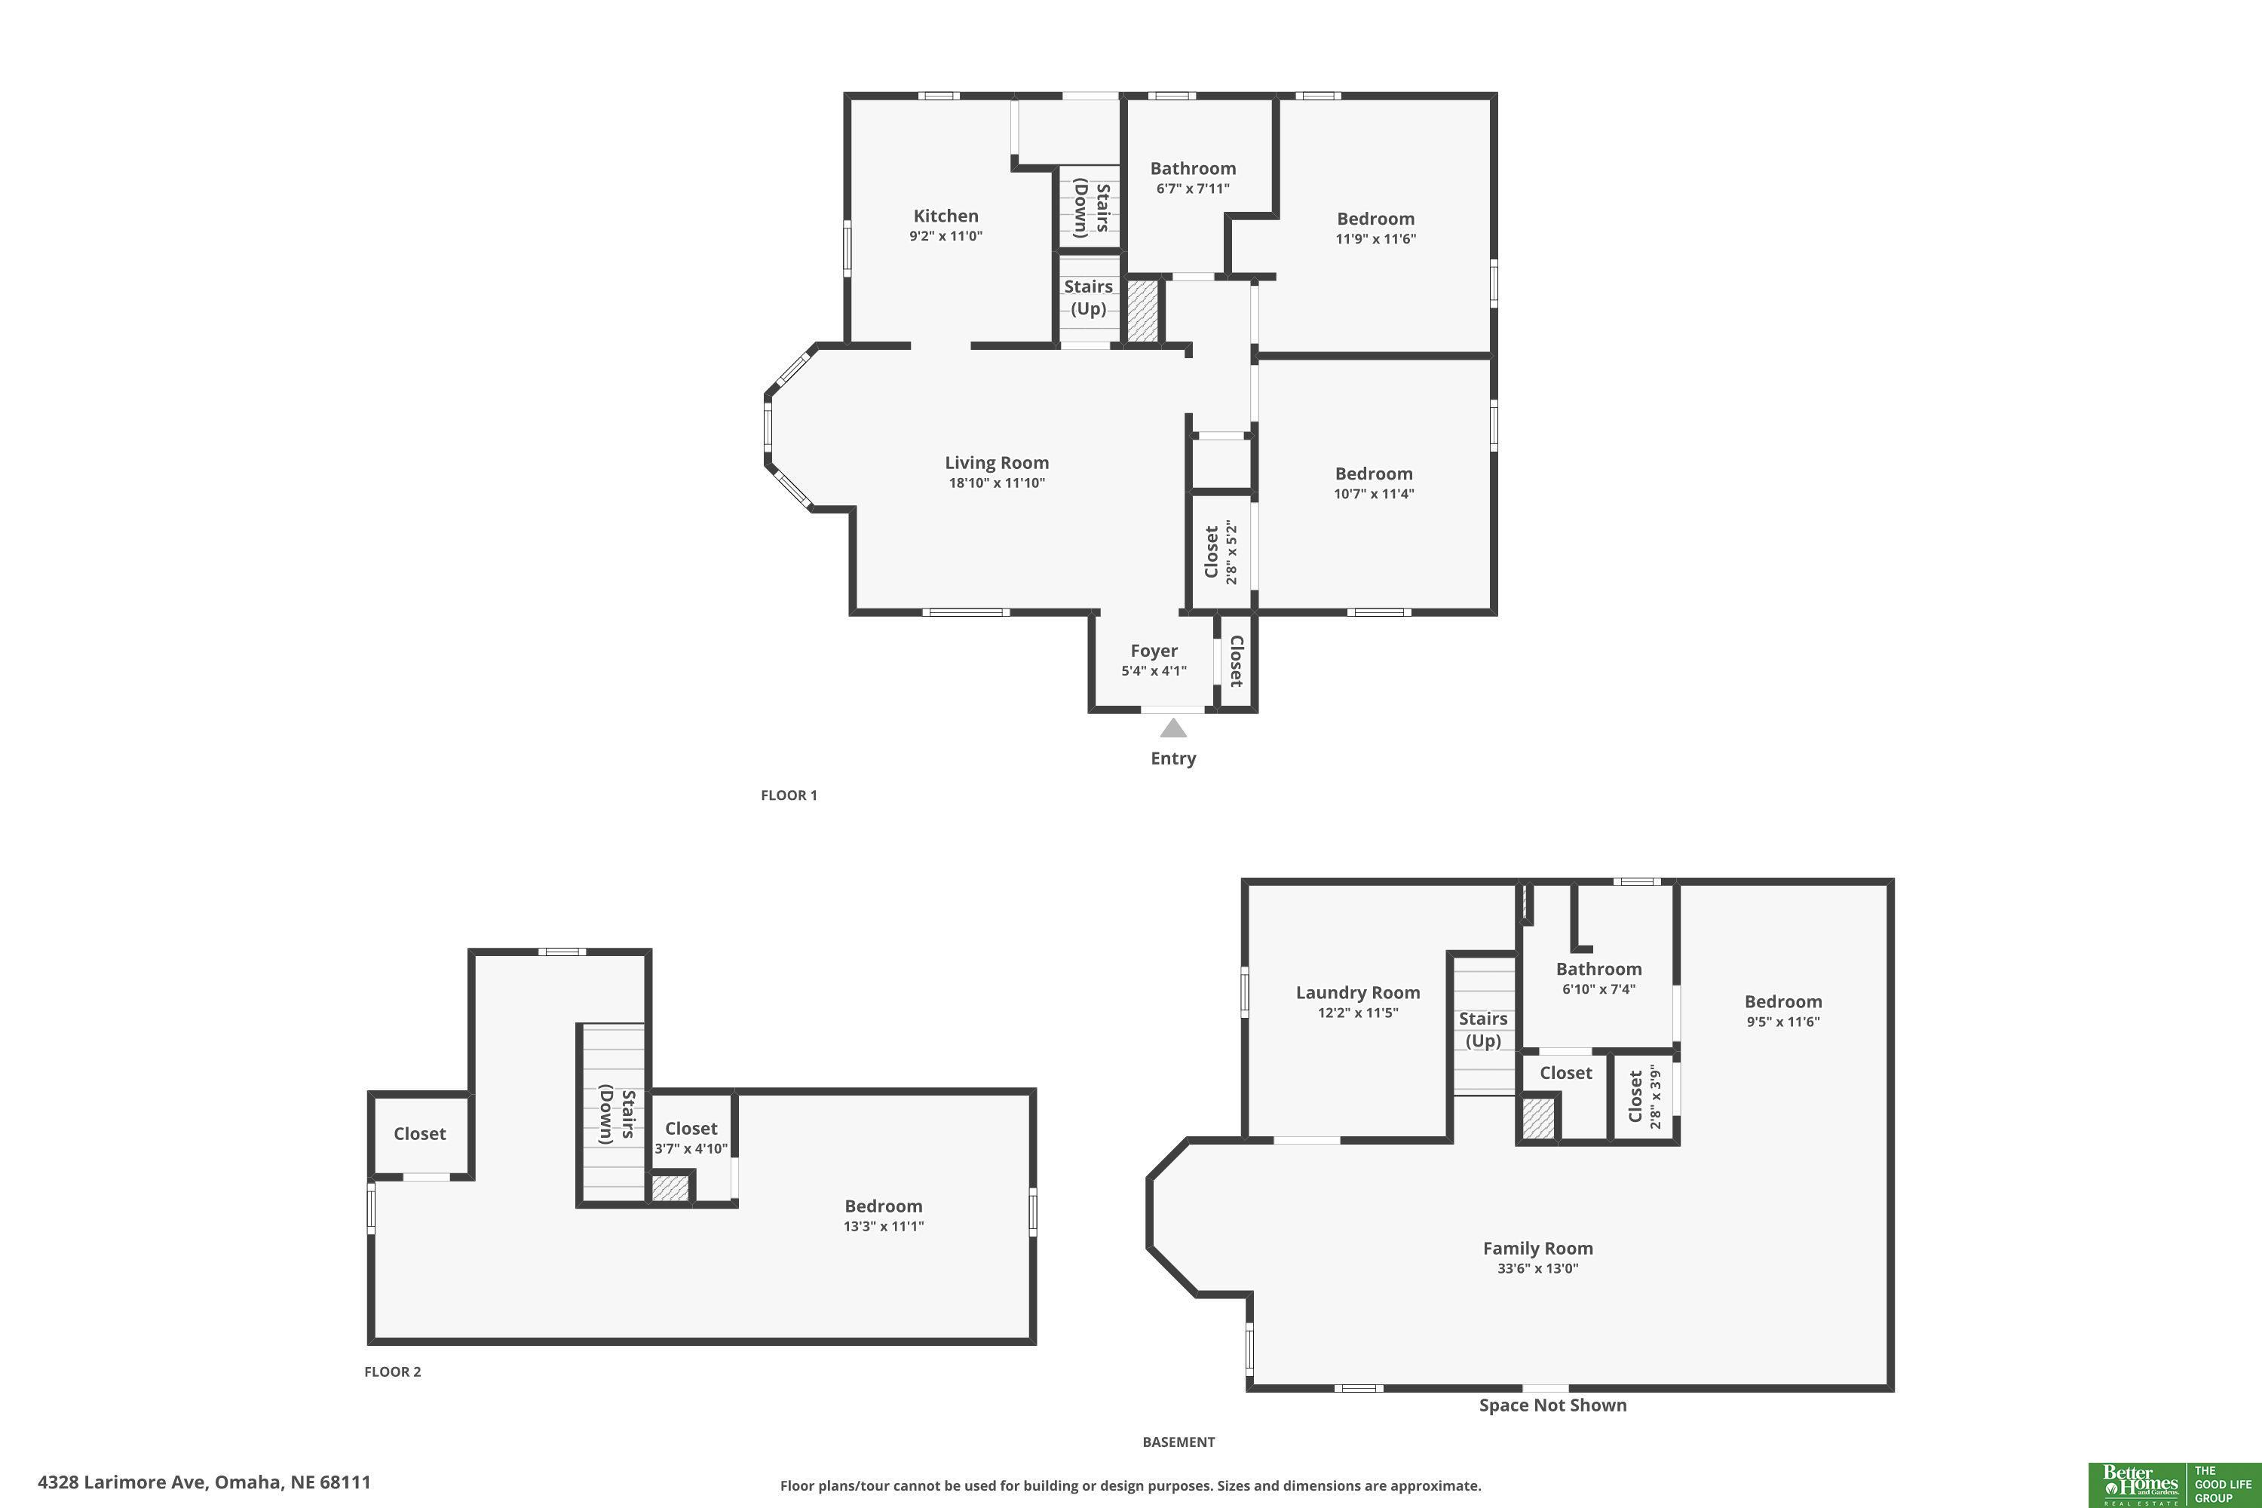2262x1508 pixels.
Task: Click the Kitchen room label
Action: (x=946, y=216)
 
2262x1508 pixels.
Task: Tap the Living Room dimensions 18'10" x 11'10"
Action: (x=996, y=483)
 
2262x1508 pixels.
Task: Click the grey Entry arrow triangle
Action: (x=1173, y=728)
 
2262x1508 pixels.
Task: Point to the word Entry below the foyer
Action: (x=1173, y=759)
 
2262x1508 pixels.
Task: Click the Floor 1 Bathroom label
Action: (x=1193, y=168)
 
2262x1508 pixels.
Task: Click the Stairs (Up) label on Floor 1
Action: (x=1089, y=297)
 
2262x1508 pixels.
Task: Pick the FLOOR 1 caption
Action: (x=789, y=795)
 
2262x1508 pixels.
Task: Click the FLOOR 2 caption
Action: (x=392, y=1372)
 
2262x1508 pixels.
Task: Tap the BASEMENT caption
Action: (x=1178, y=1442)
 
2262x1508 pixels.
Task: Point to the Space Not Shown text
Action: (x=1552, y=1405)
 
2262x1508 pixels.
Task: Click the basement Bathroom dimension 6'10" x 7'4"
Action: (x=1598, y=988)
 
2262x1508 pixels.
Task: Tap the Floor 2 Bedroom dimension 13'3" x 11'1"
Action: (x=883, y=1226)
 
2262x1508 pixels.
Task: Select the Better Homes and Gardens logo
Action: (x=2175, y=1485)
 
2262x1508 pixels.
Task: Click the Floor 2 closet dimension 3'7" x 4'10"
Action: (x=691, y=1149)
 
